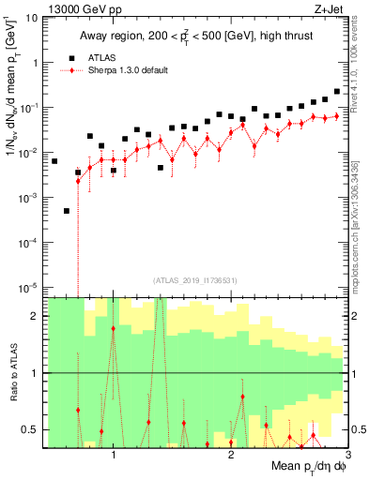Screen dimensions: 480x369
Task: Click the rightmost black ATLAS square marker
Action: coord(336,92)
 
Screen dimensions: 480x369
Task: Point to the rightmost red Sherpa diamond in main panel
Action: coord(336,115)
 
